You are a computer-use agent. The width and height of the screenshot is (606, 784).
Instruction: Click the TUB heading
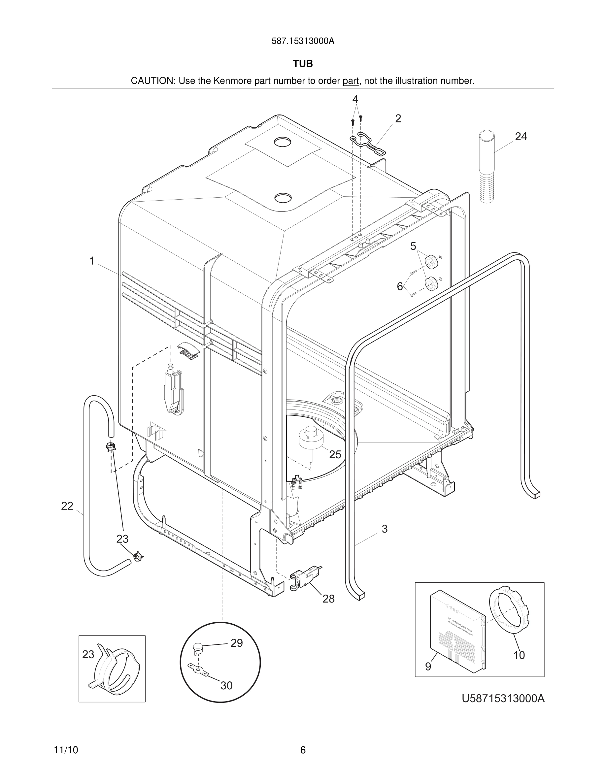303,64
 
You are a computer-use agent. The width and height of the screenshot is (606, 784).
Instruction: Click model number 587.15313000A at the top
303,41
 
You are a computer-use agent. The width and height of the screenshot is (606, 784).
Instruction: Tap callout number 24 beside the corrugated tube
521,136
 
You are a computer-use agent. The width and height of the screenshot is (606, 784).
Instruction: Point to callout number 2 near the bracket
398,118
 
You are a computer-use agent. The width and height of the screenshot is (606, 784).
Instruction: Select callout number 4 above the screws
355,99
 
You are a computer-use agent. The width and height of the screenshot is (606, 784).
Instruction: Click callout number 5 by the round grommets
413,246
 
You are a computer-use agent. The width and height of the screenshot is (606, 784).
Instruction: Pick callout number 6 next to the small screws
400,286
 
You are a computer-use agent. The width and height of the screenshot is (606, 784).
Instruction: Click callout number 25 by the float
335,454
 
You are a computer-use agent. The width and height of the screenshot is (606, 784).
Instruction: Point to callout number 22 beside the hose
67,506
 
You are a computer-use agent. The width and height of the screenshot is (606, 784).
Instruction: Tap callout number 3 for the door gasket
385,529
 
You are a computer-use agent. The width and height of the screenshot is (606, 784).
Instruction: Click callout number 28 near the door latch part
328,599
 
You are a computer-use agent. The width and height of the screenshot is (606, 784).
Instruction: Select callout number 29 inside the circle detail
237,643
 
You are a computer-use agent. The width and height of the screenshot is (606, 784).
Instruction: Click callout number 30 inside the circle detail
226,686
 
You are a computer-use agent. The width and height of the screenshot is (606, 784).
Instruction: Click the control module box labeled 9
458,632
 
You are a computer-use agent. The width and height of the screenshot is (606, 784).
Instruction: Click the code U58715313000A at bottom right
503,699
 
